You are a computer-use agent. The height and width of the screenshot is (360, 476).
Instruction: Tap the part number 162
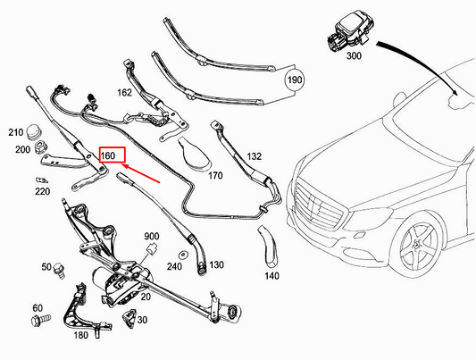coord(125,91)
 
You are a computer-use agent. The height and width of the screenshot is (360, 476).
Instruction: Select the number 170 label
coord(214,176)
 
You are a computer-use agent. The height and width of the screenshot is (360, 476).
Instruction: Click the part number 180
coord(81,335)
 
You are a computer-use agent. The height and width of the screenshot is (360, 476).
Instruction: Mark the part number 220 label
coord(42,190)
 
